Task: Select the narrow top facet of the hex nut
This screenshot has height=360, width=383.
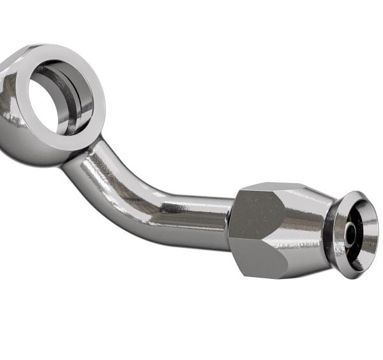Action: (268, 188)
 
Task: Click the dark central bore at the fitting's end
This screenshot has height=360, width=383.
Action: (352, 235)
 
